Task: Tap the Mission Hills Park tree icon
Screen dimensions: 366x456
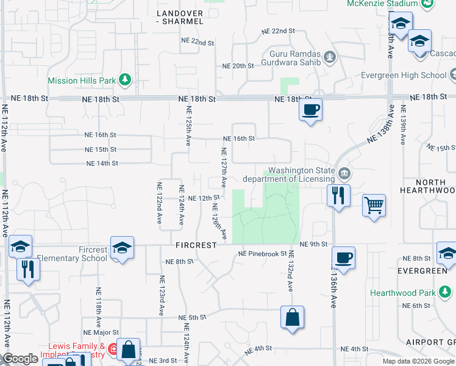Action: (125, 79)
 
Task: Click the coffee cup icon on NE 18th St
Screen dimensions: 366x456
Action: (310, 110)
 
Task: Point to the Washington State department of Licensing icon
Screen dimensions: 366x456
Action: (344, 174)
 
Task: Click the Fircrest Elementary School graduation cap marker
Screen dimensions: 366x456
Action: (121, 247)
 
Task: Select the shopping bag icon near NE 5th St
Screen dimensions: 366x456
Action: (292, 317)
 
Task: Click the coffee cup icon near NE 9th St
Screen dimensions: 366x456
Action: (343, 257)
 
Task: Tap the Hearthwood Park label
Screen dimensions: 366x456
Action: (403, 293)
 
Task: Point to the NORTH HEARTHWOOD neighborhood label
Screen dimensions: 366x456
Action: (427, 187)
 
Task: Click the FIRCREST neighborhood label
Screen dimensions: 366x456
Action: (196, 245)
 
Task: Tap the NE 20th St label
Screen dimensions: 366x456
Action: (238, 66)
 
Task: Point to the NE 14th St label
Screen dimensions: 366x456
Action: (102, 163)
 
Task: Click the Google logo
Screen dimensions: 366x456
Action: (20, 359)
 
